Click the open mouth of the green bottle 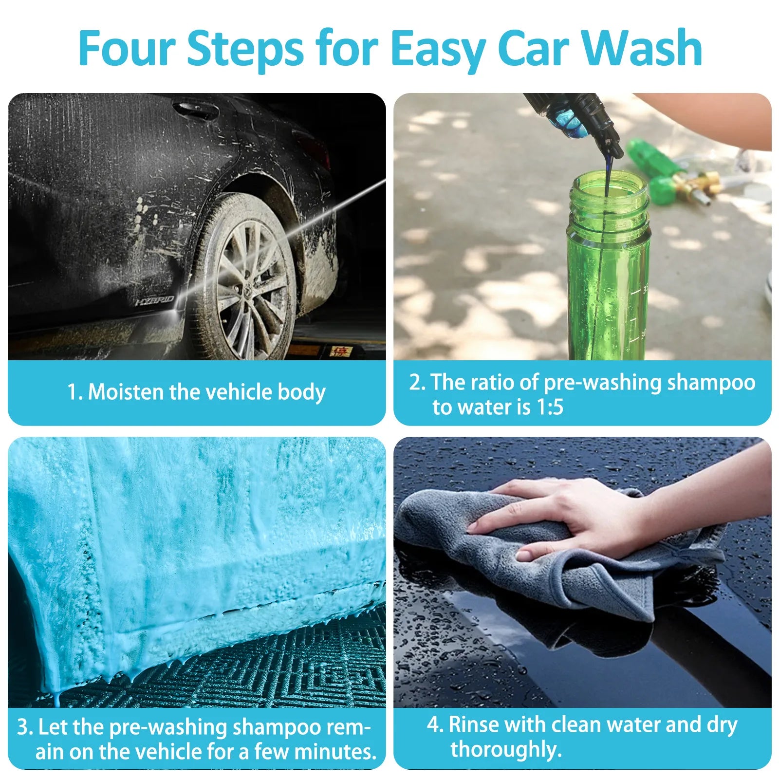coord(609,183)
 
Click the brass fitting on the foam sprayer coord(701,185)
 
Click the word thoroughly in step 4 coord(506,750)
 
